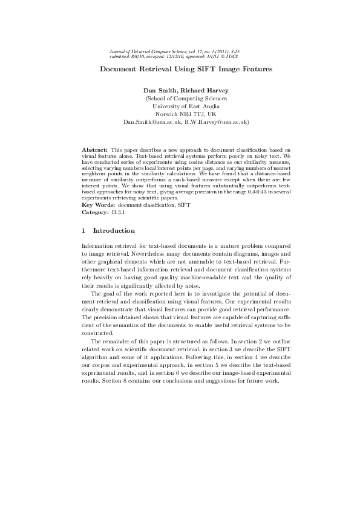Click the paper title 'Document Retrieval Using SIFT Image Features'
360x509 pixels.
[186, 69]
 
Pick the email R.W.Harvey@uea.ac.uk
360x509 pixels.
[208, 122]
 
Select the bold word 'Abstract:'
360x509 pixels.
[94, 148]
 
